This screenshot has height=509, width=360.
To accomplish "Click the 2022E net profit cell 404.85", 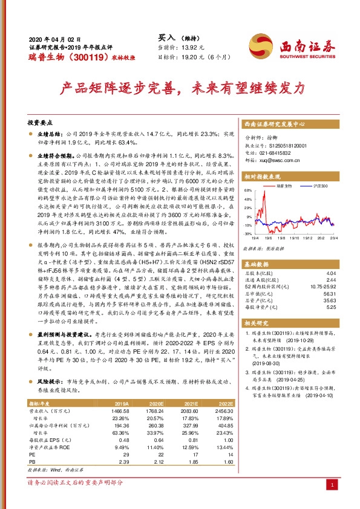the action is (224, 425).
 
